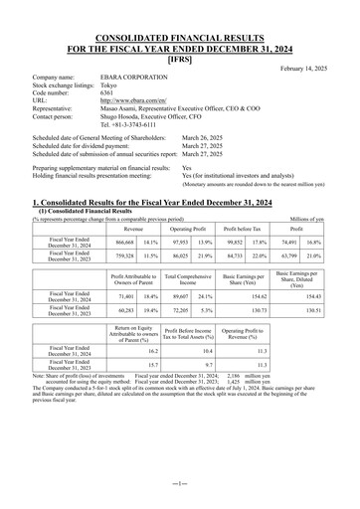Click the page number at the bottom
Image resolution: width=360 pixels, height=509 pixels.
(180, 481)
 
